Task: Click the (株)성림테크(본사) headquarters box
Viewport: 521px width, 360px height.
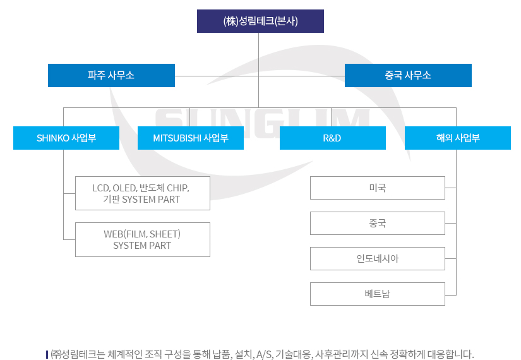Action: click(260, 21)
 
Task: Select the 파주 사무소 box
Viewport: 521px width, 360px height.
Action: click(111, 75)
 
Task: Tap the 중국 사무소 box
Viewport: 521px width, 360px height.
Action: click(408, 75)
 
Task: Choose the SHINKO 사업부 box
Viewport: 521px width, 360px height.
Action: click(66, 138)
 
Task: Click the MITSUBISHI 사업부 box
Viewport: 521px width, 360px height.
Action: click(190, 138)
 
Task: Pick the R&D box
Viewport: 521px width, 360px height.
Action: click(333, 138)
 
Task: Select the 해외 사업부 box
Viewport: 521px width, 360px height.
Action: click(458, 138)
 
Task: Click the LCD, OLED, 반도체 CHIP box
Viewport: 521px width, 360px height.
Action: click(143, 193)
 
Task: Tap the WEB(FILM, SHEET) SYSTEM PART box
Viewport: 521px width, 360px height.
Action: click(143, 239)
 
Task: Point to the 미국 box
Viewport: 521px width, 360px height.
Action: click(378, 188)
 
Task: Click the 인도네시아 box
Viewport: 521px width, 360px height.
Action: click(378, 258)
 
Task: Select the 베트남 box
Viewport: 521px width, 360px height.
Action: click(378, 294)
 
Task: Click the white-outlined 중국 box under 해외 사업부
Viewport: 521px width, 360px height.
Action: click(378, 223)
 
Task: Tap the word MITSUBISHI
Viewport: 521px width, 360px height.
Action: click(177, 138)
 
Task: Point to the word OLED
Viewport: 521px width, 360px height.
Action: click(124, 188)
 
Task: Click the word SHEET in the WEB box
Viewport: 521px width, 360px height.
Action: click(164, 234)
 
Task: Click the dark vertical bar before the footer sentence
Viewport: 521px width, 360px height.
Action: click(47, 354)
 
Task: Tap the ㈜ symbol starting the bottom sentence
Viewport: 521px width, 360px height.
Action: click(56, 354)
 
